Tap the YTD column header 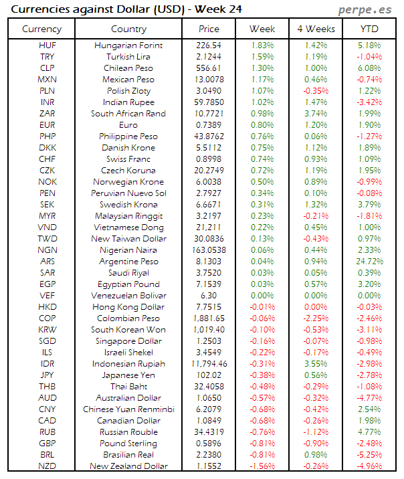369,29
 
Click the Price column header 209,29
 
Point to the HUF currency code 47,45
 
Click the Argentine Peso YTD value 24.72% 369,262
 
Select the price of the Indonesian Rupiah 209,364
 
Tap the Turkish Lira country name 128,56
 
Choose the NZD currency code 47,466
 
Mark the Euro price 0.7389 209,125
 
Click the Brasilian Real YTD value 369,455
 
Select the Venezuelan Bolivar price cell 209,296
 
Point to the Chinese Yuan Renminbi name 128,409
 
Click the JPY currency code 47,375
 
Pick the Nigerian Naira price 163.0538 209,250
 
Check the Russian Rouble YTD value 369,432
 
